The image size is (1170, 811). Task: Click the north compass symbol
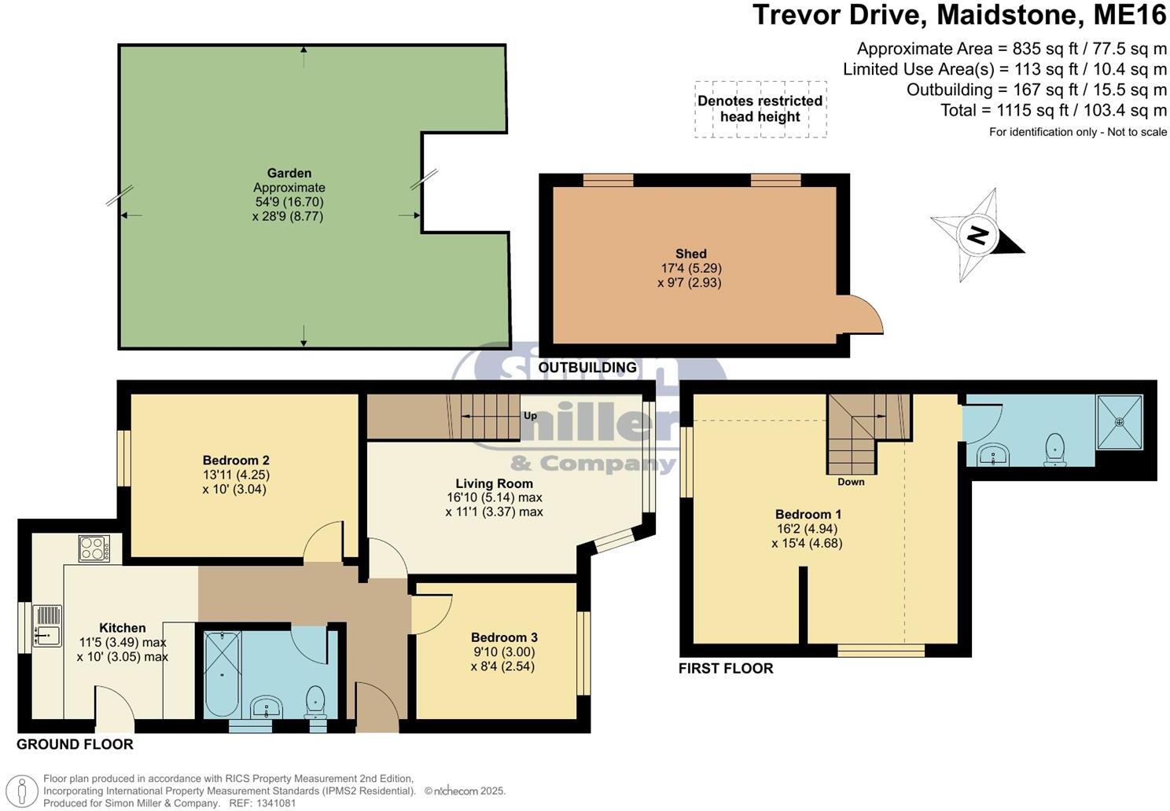click(977, 235)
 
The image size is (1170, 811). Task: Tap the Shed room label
click(690, 254)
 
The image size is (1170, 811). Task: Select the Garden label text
click(289, 173)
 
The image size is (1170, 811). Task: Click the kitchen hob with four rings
click(94, 548)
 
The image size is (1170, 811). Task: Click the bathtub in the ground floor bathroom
click(223, 673)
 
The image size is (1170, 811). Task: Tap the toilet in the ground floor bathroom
click(315, 701)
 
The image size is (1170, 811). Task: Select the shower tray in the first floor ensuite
click(1119, 422)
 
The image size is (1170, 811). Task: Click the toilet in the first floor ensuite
click(1054, 450)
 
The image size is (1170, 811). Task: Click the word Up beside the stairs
click(530, 416)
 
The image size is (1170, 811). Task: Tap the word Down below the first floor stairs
click(851, 482)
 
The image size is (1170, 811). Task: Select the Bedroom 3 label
click(504, 637)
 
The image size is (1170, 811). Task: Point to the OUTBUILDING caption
click(587, 368)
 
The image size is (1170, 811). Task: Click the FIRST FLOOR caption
click(726, 669)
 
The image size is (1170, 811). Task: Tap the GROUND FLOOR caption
click(75, 744)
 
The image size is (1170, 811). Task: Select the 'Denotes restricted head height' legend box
click(760, 109)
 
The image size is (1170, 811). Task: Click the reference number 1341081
click(274, 803)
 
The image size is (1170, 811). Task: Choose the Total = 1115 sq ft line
click(1054, 111)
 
